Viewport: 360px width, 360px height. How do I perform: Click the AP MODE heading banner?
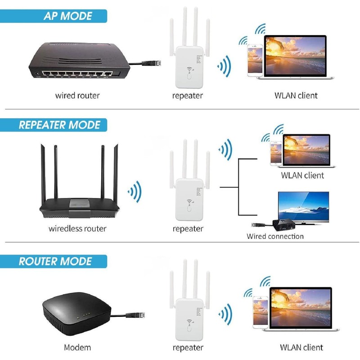coord(54,16)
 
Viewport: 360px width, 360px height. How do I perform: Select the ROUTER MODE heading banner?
coord(54,261)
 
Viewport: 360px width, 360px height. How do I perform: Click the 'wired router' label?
coord(77,95)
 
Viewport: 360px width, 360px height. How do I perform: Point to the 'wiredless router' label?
coord(77,229)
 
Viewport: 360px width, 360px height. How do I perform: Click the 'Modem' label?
coord(77,347)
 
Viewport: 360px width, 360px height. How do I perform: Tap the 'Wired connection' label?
coord(275,236)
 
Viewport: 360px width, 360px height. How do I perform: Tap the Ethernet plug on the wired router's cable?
coord(148,63)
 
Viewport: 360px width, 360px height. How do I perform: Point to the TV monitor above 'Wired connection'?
coord(303,207)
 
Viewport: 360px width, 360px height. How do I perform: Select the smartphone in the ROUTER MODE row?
coord(260,311)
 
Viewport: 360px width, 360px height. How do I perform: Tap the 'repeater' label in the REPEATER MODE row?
coord(188,229)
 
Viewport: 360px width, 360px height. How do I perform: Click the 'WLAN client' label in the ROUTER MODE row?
coord(301,347)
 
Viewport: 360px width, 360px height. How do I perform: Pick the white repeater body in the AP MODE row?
coord(188,67)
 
